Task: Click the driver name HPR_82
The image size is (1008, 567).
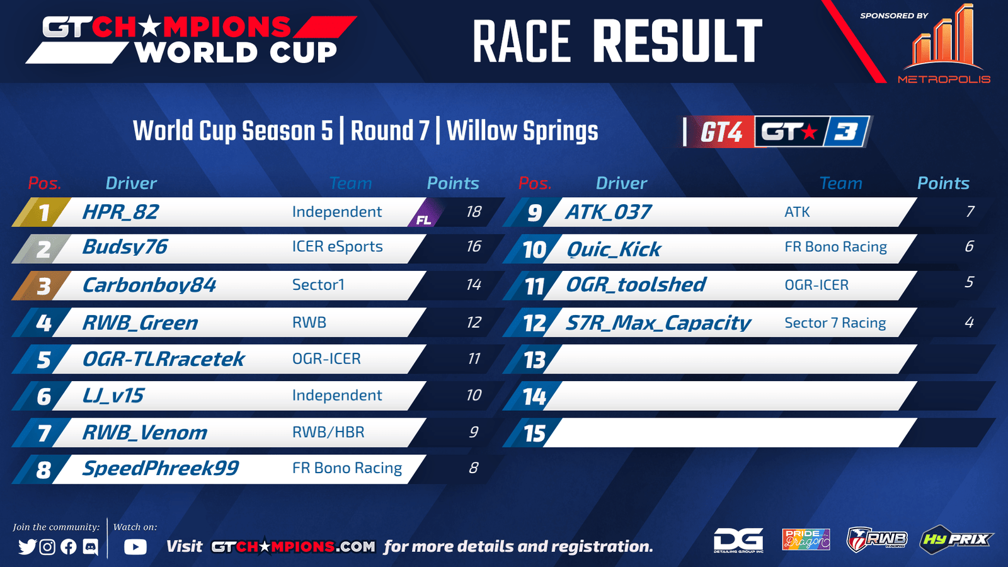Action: pos(120,212)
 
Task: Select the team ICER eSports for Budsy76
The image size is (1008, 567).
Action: pos(338,246)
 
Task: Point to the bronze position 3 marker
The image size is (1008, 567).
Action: pos(43,286)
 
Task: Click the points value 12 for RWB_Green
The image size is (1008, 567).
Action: pos(473,322)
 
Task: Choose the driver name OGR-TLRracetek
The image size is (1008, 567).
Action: pos(163,359)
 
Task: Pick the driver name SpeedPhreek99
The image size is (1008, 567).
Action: pos(161,469)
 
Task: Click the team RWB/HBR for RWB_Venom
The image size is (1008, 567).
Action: pos(328,432)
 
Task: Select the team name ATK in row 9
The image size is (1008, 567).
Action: pos(797,212)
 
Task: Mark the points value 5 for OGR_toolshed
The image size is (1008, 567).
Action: pos(970,282)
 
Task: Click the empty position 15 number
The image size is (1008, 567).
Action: pos(535,433)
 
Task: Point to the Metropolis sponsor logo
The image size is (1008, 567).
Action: pos(944,44)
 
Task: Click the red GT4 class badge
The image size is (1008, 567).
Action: pos(721,132)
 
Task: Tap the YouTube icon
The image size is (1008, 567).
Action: pos(135,547)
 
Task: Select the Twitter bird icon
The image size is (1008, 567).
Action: pos(27,547)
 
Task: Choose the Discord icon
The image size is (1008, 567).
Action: pos(91,547)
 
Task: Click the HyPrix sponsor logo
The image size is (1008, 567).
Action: pos(956,539)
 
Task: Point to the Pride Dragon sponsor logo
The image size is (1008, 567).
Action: pos(806,539)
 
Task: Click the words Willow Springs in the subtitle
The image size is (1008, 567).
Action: pos(522,131)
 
